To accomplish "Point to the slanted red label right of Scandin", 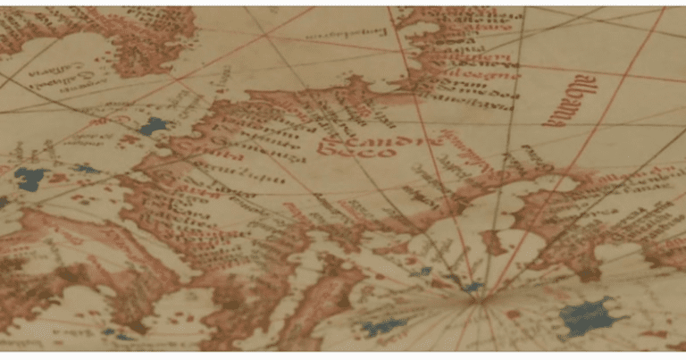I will pyautogui.click(x=465, y=151).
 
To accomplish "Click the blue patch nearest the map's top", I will pyautogui.click(x=154, y=126).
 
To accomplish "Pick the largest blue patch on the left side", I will pyautogui.click(x=32, y=179).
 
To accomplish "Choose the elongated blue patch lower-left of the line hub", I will pyautogui.click(x=384, y=327).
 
